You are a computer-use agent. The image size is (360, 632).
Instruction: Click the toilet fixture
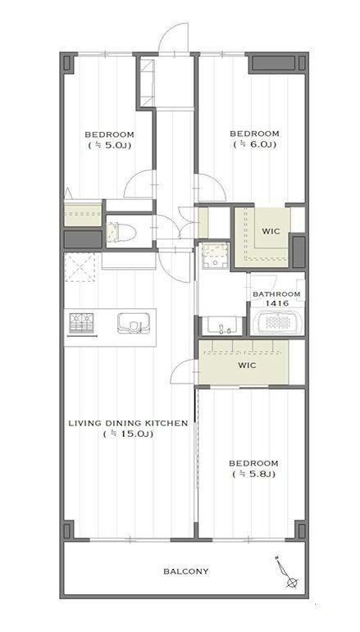[x=121, y=232]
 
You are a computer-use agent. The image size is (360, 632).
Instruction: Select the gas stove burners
[x=81, y=323]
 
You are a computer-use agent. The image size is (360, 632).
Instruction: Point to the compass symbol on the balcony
[x=287, y=571]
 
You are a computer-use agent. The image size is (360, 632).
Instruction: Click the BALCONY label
[x=186, y=571]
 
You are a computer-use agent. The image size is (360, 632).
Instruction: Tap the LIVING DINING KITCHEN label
[x=128, y=423]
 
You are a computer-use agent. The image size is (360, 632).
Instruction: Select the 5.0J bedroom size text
[x=109, y=145]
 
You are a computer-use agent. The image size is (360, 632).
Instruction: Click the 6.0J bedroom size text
[x=254, y=144]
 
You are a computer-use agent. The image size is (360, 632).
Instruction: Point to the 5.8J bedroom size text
[x=253, y=474]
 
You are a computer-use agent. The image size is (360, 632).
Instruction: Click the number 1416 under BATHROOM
[x=276, y=302]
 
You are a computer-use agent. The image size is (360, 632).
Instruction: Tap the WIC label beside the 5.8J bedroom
[x=247, y=366]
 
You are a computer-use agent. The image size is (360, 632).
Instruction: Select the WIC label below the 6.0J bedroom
[x=271, y=231]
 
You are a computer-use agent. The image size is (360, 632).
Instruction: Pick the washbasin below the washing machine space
[x=221, y=326]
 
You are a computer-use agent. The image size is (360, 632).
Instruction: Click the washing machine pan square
[x=216, y=255]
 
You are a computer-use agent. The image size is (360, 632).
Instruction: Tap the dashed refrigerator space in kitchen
[x=80, y=267]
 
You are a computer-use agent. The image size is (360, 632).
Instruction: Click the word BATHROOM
[x=276, y=294]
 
